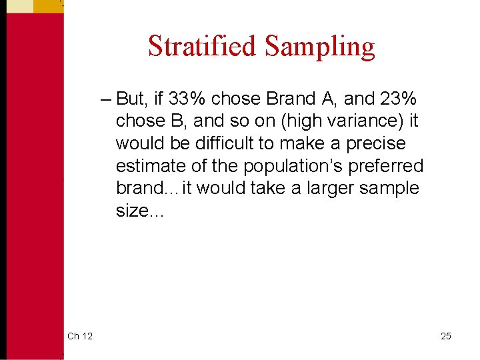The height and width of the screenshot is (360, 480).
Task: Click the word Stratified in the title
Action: tap(203, 47)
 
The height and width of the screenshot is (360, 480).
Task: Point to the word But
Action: tap(131, 99)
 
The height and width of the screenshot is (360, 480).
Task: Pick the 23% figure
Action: tap(399, 99)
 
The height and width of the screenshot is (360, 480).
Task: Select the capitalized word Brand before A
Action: tap(291, 99)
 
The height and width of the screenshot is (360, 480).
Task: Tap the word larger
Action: tap(329, 188)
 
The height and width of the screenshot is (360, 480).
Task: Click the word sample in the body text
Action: tap(389, 188)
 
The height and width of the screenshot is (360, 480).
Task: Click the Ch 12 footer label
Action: tap(79, 336)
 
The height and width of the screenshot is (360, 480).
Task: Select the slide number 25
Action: tap(445, 336)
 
